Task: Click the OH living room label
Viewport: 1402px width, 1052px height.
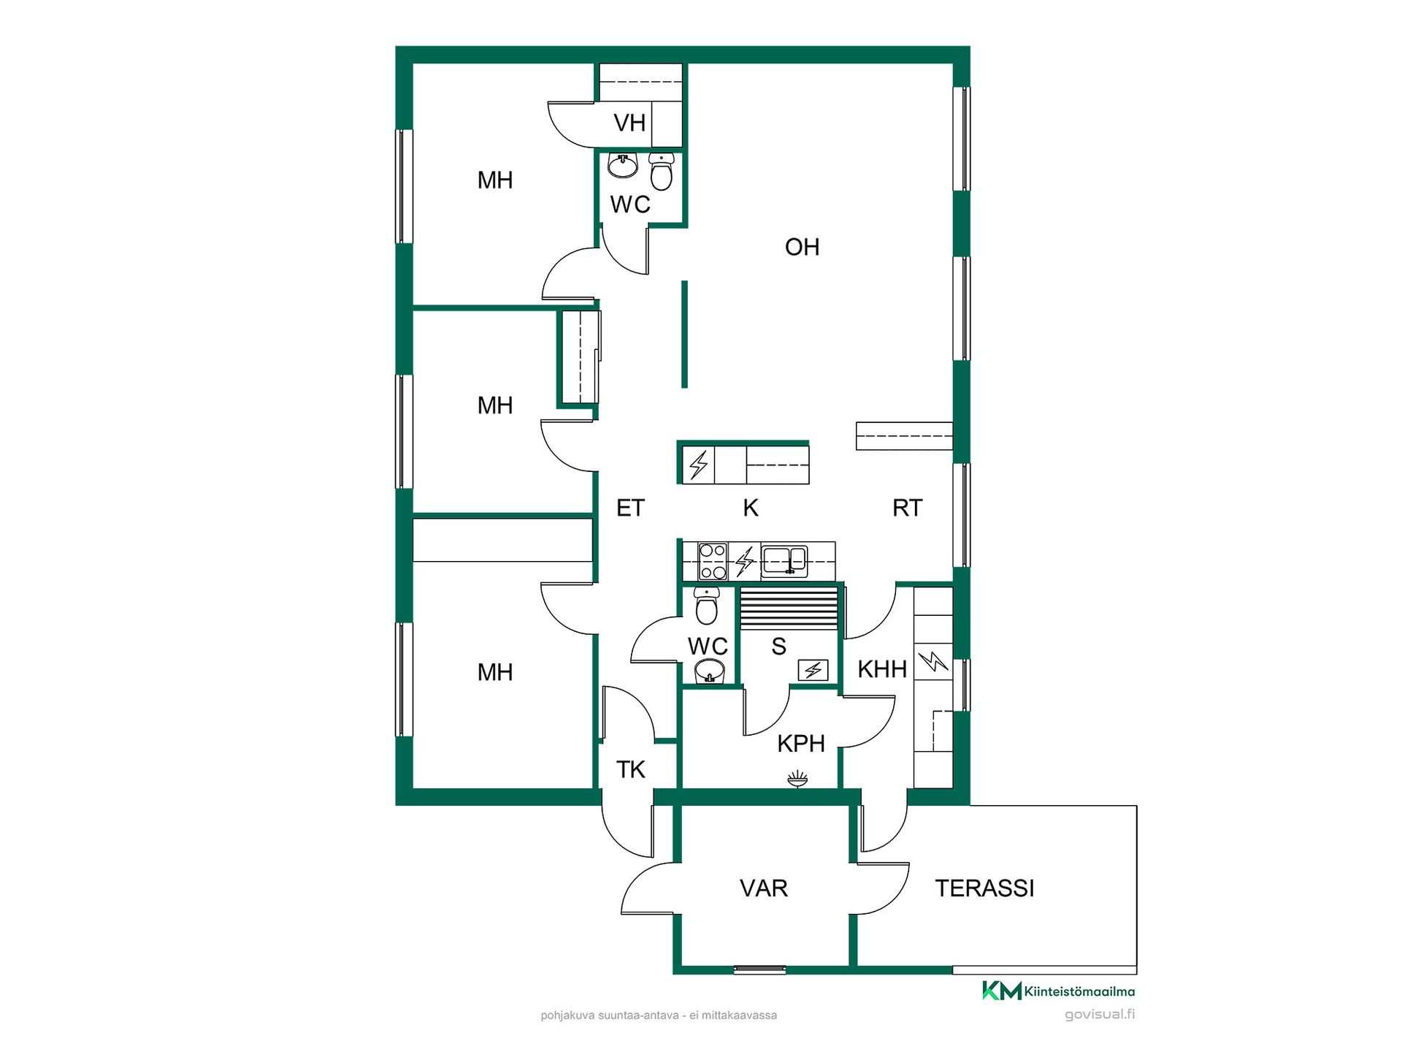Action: pos(802,247)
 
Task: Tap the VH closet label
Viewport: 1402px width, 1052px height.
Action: pos(629,123)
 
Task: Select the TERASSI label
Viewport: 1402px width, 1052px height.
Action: pos(984,888)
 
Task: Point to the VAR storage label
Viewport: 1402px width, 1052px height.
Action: pos(764,888)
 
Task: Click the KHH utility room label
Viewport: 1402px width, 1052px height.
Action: pos(882,669)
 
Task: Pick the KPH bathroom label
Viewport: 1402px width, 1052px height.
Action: pos(801,744)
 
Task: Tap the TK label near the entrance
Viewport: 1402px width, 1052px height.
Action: pos(631,769)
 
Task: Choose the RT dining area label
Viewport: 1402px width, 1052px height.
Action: pos(908,508)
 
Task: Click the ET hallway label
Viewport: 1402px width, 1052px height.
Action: pos(631,508)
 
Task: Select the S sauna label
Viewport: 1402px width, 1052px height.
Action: pos(779,647)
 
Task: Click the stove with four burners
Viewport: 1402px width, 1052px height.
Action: pos(713,561)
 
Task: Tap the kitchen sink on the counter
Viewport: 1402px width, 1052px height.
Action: pos(784,561)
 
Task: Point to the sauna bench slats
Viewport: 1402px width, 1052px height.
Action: pos(789,608)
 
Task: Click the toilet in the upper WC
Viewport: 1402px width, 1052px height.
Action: pos(661,172)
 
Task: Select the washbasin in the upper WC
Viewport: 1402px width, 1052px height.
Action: pos(623,166)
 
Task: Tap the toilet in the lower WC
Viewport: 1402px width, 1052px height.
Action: pos(706,606)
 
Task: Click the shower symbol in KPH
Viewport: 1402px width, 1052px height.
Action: pos(798,779)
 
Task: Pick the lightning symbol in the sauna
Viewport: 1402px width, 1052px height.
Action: pos(813,670)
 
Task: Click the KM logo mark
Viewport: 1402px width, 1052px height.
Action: pos(1002,991)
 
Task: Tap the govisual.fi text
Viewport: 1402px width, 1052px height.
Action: pos(1100,1014)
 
